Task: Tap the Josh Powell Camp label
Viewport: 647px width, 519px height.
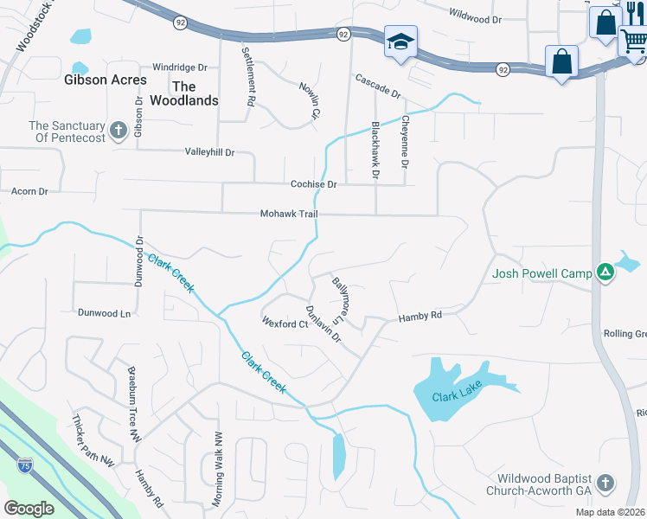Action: click(541, 274)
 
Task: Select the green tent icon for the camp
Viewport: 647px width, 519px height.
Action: click(605, 273)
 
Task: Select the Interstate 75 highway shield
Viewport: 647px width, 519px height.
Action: click(26, 466)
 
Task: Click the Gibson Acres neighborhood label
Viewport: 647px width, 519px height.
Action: click(105, 80)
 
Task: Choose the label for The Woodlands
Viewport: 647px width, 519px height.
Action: click(195, 93)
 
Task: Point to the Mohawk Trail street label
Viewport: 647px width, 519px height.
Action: click(289, 214)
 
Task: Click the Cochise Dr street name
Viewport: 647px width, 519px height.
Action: click(313, 184)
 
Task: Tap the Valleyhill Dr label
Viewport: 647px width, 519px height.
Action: click(209, 152)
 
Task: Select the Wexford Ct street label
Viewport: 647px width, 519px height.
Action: click(285, 324)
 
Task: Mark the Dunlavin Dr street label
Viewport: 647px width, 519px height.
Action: click(323, 324)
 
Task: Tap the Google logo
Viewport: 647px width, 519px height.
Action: click(29, 508)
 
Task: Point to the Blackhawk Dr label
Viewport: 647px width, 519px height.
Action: click(375, 150)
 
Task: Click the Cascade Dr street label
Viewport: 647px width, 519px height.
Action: click(378, 86)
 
